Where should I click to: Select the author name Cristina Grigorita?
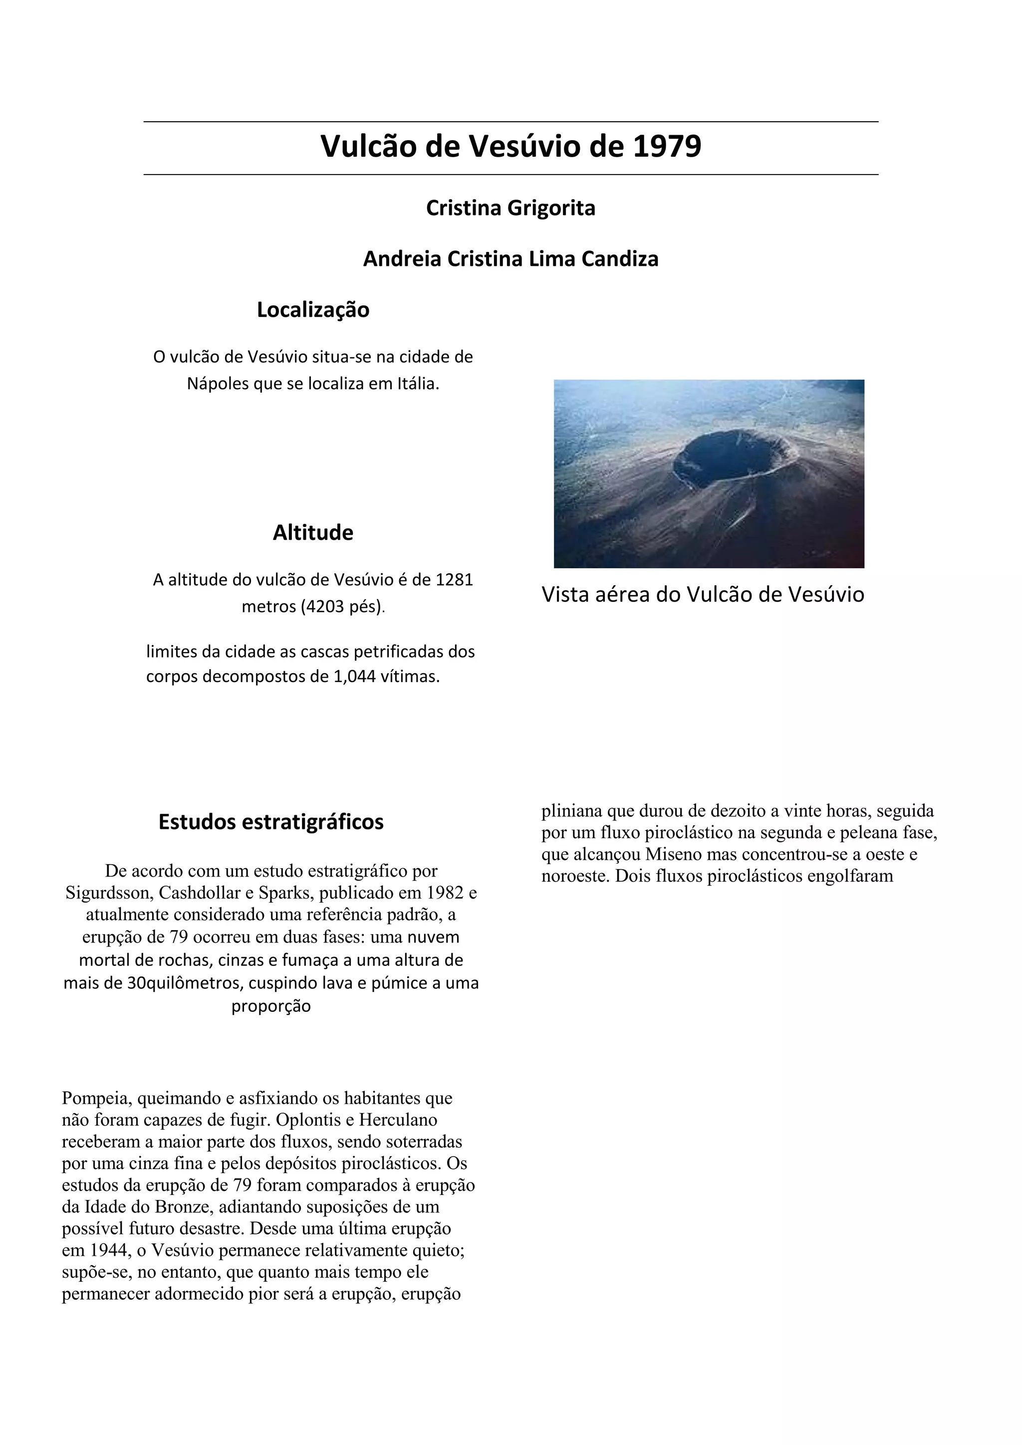pos(511,208)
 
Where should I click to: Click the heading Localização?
pos(313,310)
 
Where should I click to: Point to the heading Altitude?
pos(313,532)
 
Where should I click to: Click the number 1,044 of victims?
pos(354,677)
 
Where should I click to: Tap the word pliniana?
pos(571,811)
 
